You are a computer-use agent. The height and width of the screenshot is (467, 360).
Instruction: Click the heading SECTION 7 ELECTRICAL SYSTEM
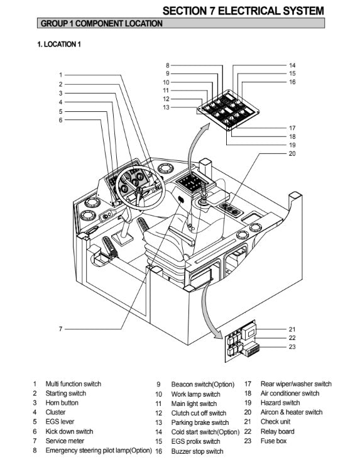click(x=243, y=11)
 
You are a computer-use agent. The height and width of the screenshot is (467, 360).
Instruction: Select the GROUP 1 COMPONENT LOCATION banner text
click(x=102, y=23)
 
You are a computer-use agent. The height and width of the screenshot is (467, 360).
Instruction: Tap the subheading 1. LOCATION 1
click(x=59, y=45)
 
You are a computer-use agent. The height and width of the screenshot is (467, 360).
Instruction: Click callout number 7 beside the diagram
click(x=60, y=329)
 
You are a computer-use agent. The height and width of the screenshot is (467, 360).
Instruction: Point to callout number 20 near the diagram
click(x=292, y=154)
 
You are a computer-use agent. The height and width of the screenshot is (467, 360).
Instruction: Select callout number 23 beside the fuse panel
click(x=292, y=347)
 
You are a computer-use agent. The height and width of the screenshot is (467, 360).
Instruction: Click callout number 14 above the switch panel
click(x=292, y=65)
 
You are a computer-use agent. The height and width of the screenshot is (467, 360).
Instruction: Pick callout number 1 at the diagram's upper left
click(x=60, y=75)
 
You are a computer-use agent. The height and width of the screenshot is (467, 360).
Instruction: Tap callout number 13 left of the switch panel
click(x=166, y=107)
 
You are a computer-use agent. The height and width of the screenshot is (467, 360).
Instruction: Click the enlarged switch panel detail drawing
click(x=228, y=111)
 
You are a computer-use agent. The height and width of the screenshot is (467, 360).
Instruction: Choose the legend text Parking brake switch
click(x=200, y=422)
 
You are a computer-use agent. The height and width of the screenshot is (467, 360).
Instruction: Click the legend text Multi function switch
click(x=74, y=384)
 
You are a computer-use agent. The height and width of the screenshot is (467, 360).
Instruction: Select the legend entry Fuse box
click(x=273, y=441)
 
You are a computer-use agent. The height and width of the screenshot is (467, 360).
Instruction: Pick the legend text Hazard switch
click(x=280, y=403)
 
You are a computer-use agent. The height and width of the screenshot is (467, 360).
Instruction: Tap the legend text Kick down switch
click(x=69, y=432)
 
